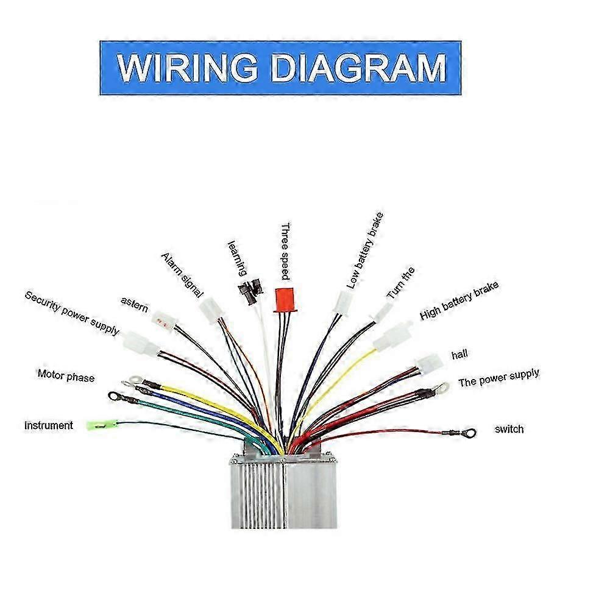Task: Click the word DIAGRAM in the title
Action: point(359,68)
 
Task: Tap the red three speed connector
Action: point(282,299)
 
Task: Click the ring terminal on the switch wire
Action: point(468,433)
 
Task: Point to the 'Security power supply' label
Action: point(72,313)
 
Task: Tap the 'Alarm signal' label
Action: point(182,275)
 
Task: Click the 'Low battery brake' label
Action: point(365,250)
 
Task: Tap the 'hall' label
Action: point(459,354)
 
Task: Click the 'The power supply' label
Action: point(498,378)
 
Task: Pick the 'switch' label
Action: point(509,429)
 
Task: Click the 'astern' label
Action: point(134,305)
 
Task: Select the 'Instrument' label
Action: point(49,425)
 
